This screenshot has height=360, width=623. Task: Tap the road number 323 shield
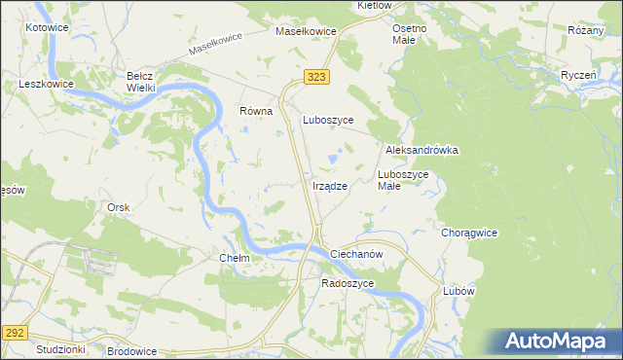(314, 76)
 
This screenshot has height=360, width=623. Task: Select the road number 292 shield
(13, 331)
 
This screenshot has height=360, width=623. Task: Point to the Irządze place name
(330, 186)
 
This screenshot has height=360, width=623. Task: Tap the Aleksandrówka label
(421, 151)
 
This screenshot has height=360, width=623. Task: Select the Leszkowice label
(47, 85)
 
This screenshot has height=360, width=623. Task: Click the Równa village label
(256, 111)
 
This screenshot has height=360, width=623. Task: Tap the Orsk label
(119, 207)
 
